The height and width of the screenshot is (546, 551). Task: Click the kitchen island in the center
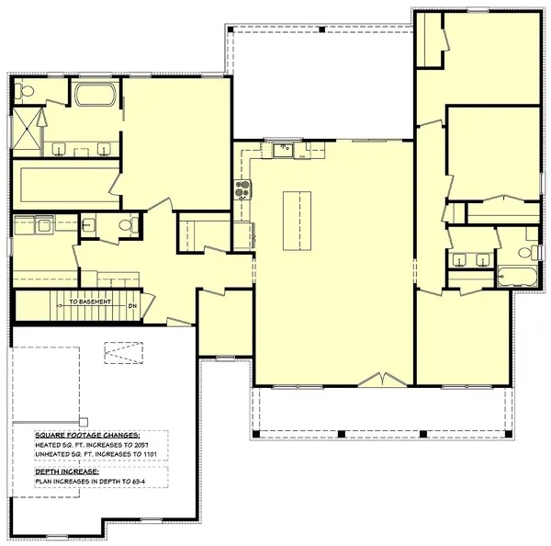click(296, 221)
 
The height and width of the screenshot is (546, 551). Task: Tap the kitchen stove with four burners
click(243, 190)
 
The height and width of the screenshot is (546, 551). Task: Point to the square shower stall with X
click(28, 130)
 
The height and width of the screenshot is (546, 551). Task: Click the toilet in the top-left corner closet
click(25, 90)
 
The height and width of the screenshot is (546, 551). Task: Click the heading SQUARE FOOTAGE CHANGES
click(87, 434)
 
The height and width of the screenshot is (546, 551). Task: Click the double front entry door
click(377, 380)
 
